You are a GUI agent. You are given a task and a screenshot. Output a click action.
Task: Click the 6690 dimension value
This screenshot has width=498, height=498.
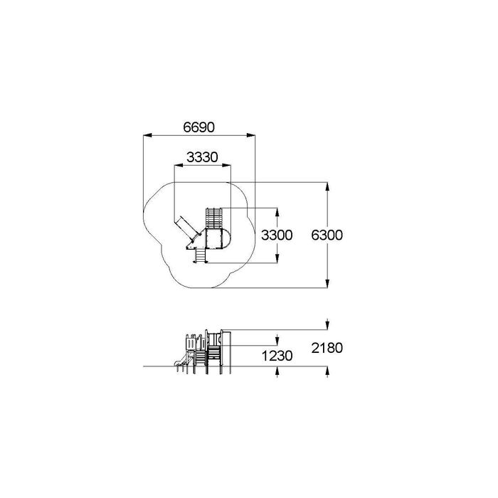point(198,127)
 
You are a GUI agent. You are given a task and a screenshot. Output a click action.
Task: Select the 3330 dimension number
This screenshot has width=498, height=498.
point(202,157)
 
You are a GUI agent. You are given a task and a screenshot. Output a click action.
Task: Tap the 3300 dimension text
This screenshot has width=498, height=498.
point(277,235)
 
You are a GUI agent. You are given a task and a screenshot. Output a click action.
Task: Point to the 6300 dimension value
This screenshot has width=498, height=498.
point(327,235)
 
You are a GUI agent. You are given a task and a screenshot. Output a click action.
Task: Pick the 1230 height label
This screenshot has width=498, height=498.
point(277,356)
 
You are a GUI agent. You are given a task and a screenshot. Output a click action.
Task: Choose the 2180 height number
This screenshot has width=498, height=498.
point(327,348)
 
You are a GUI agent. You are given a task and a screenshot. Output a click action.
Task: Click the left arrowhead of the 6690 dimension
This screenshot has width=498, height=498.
point(147,136)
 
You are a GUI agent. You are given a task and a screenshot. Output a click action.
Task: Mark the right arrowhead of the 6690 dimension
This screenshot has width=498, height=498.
point(251,136)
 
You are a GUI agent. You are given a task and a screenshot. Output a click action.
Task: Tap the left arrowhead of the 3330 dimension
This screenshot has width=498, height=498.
point(179,165)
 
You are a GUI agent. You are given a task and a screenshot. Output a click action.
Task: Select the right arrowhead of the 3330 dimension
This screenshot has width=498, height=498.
point(226,165)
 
